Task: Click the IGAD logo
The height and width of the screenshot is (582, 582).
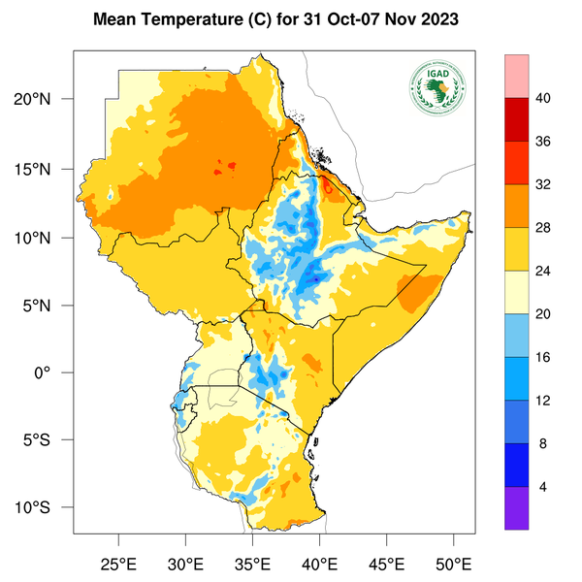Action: click(438, 88)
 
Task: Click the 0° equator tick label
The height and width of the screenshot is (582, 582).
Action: click(57, 372)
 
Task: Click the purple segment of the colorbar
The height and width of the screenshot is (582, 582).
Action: click(517, 507)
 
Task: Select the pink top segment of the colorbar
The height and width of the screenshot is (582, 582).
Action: click(517, 76)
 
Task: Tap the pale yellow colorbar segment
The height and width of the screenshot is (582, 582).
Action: click(517, 292)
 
